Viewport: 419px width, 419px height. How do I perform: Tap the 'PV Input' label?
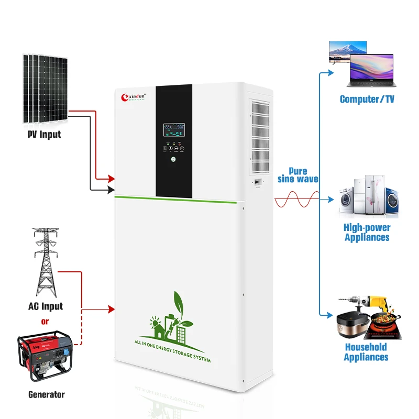(x=44, y=134)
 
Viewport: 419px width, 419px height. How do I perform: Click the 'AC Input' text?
(x=46, y=306)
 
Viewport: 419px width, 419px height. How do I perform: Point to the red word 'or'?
(x=45, y=322)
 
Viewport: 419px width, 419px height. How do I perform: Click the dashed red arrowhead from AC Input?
(x=111, y=309)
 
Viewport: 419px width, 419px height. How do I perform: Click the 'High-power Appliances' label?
(x=367, y=232)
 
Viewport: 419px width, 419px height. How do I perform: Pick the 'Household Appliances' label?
(x=366, y=352)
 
